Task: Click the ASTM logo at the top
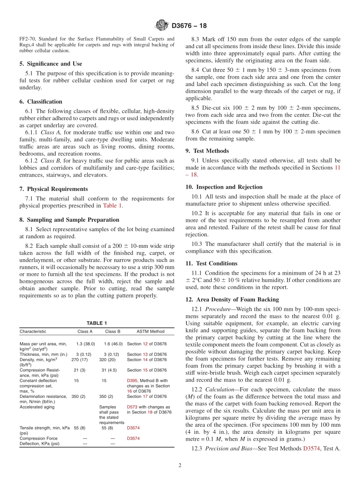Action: [x=162, y=26]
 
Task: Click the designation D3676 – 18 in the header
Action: [x=189, y=26]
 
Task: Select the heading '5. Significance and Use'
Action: [x=51, y=64]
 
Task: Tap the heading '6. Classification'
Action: [x=41, y=102]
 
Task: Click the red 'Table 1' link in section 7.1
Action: [x=113, y=206]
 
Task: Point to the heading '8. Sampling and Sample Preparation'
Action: [x=69, y=220]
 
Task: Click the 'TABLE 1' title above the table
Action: [x=97, y=323]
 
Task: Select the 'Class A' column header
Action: [x=85, y=332]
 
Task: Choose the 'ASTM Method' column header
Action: [x=150, y=332]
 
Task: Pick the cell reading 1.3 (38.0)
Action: [x=85, y=344]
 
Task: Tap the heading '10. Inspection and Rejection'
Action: [x=224, y=187]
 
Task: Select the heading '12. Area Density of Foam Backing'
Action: [x=232, y=299]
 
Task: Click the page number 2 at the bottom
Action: [x=180, y=466]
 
